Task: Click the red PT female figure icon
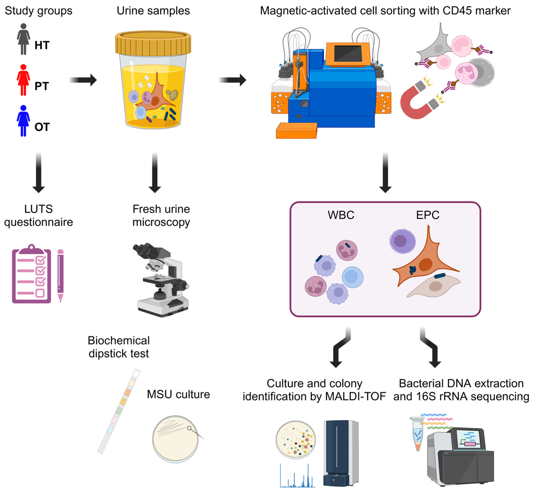point(23,80)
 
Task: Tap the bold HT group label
point(42,45)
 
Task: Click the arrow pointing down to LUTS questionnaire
point(39,173)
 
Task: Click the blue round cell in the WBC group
point(352,277)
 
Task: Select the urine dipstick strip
point(119,411)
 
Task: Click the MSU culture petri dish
point(175,439)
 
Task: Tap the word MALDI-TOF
point(355,396)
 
